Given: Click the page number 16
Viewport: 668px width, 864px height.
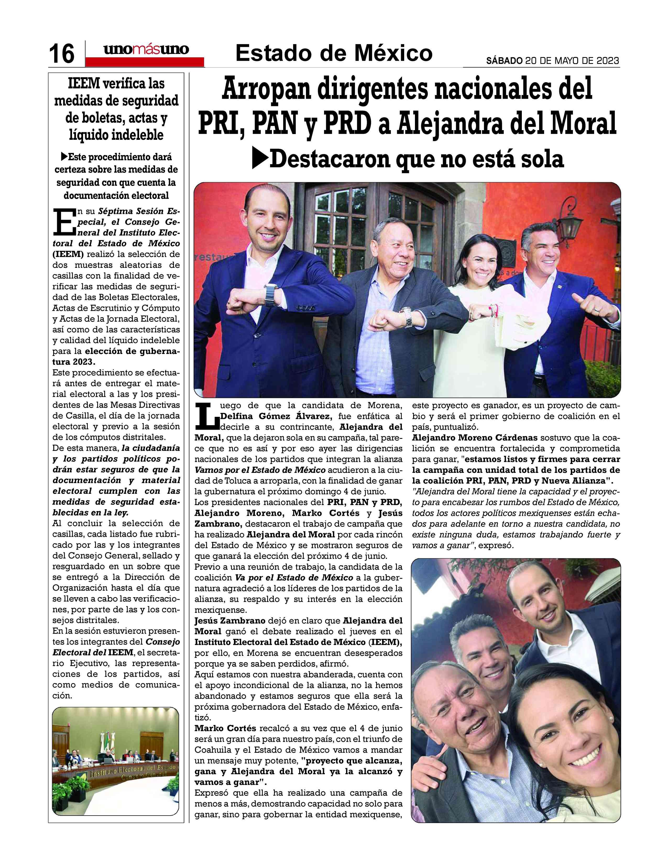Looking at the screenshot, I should (61, 53).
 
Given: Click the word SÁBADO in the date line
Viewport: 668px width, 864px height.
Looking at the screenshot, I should (504, 61).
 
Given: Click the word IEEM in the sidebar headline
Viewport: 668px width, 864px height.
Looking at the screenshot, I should (83, 84).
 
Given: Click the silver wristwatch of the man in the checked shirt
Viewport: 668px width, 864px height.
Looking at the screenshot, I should (408, 317).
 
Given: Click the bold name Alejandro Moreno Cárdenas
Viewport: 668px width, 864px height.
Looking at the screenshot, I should (474, 437).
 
